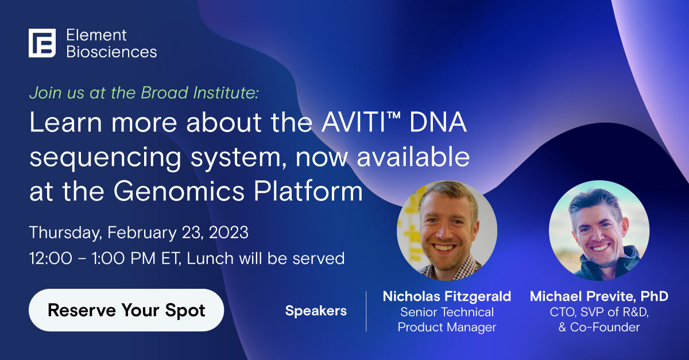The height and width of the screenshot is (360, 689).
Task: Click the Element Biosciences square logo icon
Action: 42,43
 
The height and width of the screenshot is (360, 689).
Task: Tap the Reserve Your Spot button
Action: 126,310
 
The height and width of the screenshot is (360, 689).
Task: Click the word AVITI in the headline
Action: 353,122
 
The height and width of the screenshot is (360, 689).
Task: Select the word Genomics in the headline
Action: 179,191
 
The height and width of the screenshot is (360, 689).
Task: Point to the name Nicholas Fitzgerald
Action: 447,296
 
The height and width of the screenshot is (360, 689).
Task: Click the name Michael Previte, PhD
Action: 599,296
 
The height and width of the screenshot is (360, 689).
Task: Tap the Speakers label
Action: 316,311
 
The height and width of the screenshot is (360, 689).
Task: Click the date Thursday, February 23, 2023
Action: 139,233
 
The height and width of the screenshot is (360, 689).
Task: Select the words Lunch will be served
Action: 266,258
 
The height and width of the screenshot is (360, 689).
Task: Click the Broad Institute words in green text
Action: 200,92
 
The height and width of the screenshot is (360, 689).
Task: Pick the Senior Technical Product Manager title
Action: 447,320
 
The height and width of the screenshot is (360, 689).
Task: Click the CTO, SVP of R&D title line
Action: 599,312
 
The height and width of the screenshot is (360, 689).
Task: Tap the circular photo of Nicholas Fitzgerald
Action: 447,230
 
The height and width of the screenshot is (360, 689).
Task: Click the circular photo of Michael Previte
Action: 599,230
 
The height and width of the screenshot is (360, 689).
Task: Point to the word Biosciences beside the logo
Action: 111,52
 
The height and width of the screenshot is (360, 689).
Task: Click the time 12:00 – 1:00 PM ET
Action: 104,258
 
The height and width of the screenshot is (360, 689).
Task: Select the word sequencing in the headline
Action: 106,157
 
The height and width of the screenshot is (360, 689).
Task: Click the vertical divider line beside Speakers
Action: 366,311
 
